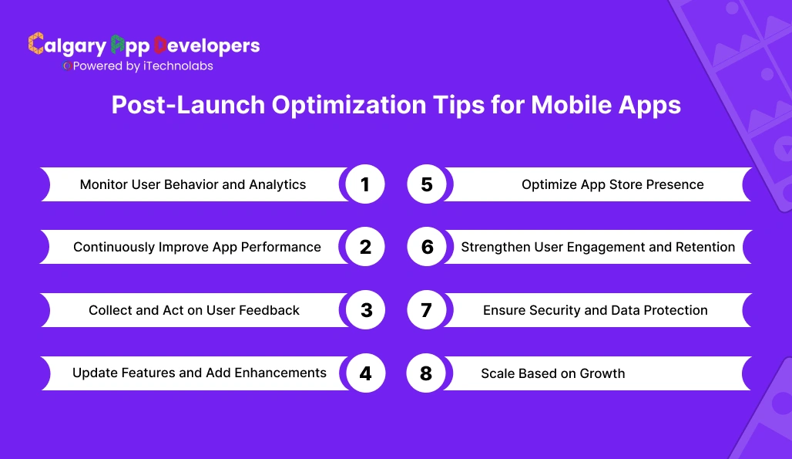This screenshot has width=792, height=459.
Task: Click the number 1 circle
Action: [x=365, y=185]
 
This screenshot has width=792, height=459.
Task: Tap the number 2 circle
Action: [x=365, y=248]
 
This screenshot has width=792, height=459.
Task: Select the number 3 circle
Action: [x=365, y=310]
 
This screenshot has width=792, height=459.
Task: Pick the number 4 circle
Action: [x=365, y=373]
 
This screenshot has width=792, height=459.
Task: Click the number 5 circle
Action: [x=426, y=185]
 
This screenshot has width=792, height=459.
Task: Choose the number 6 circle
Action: [x=426, y=248]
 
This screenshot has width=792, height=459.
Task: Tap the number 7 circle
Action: [x=426, y=310]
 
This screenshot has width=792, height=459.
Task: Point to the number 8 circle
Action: [x=426, y=373]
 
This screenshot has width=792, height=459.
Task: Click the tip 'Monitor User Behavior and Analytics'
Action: [x=193, y=185]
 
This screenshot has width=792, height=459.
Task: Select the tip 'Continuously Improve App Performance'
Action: [x=197, y=248]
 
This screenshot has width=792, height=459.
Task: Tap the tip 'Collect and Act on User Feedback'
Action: [x=194, y=310]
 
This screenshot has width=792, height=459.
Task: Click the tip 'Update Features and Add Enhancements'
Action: [x=200, y=373]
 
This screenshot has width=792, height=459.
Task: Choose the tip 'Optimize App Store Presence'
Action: [x=612, y=185]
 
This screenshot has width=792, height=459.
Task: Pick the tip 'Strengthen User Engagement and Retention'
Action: [x=598, y=248]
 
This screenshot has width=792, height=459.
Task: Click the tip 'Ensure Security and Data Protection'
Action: [x=595, y=310]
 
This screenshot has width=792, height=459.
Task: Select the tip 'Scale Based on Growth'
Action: [x=552, y=373]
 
